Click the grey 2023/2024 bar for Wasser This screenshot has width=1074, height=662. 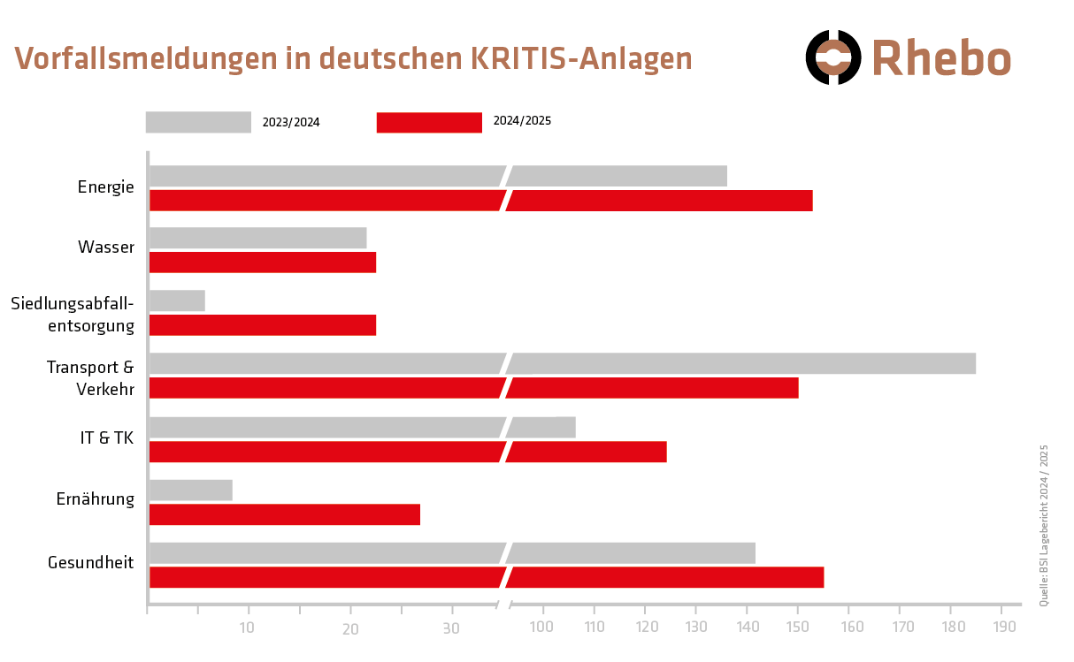coord(257,238)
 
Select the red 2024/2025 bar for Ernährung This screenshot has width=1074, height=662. coord(284,514)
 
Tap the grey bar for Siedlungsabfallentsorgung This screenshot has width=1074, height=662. coord(177,301)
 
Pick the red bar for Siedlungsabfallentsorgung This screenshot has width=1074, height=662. coord(262,325)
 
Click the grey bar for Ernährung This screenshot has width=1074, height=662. coord(190,490)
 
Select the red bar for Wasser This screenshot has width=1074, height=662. coord(262,263)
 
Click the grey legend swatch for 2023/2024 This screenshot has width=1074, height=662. coord(198,122)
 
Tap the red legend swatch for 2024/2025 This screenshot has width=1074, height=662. coord(429,122)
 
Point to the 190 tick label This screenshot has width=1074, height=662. coord(1004,628)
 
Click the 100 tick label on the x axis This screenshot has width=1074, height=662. coord(541,628)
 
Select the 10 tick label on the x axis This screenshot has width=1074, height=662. coord(247,628)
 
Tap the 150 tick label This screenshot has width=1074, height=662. coord(798,628)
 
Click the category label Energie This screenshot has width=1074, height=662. coord(105,187)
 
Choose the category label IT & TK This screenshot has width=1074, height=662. coord(106,437)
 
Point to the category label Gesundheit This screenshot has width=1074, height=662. coord(90,563)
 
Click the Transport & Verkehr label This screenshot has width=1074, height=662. coord(90,378)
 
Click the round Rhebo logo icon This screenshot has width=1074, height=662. coord(832,57)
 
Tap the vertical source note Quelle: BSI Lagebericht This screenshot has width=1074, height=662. coord(1044,525)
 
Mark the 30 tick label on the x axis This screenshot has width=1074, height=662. coord(451,628)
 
